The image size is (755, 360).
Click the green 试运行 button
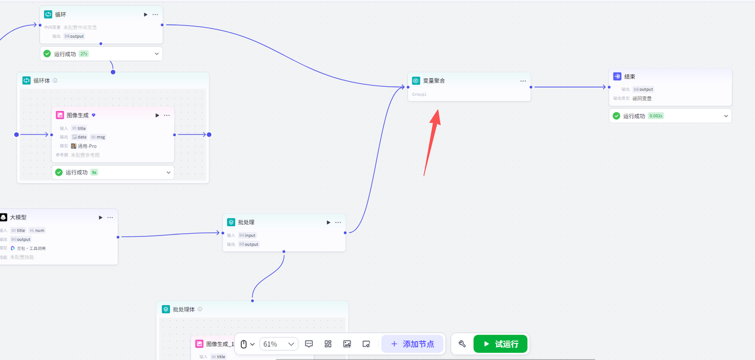[500, 343]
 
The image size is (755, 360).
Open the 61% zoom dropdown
[278, 344]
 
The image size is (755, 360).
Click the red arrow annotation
[431, 142]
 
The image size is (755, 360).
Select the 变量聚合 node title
[434, 80]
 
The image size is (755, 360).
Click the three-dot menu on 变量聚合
[523, 81]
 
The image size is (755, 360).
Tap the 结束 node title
[630, 77]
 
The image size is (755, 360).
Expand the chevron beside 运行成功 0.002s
[726, 116]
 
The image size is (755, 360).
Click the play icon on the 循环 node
[146, 14]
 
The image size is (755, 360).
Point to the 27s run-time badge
[84, 54]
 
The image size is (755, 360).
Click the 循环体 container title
[41, 80]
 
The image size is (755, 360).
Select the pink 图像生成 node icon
[60, 115]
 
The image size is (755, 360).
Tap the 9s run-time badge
[94, 172]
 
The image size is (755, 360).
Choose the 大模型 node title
[18, 217]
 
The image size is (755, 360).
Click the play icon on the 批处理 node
[329, 222]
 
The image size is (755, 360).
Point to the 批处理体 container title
[183, 309]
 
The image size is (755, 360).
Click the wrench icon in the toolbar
[462, 343]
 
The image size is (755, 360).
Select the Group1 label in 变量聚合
[419, 94]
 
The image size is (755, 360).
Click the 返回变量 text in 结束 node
[642, 99]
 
